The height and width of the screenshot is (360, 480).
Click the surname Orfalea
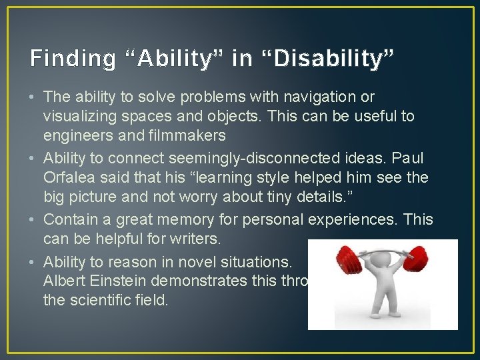point(71,179)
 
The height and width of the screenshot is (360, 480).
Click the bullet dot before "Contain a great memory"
point(33,219)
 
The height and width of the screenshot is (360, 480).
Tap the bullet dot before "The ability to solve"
point(33,97)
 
